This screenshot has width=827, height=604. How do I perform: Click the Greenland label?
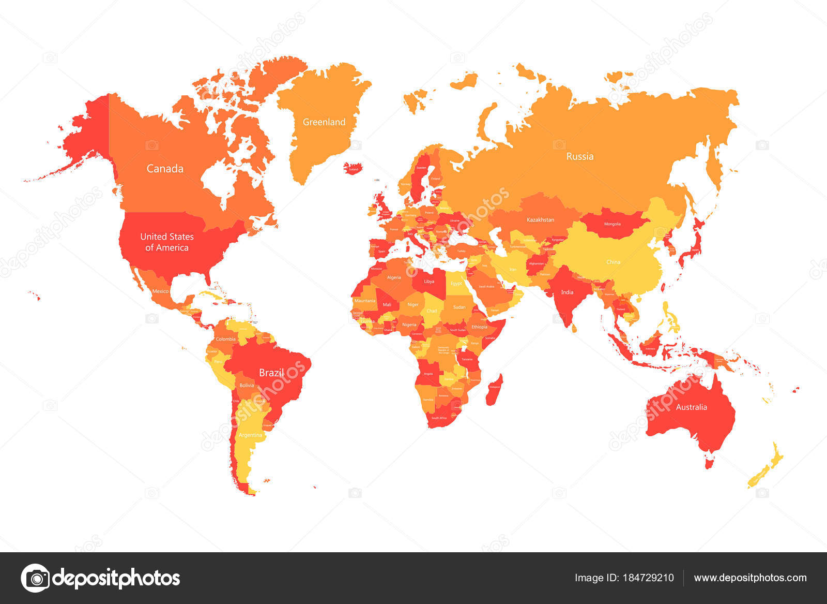pos(324,122)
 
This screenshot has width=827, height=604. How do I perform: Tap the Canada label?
pos(165,169)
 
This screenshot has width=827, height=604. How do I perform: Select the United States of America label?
pos(167,242)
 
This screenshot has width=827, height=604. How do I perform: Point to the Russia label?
pos(580,156)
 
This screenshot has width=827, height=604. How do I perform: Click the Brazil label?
pos(271,373)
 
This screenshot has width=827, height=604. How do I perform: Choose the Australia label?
pos(692,407)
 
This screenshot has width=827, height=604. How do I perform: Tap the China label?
pos(614,262)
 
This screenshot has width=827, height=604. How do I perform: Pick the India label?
pos(568,292)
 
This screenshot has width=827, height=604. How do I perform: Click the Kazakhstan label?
pos(541,220)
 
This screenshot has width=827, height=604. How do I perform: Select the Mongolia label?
pos(612,224)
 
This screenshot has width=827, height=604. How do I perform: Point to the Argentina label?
pos(251,435)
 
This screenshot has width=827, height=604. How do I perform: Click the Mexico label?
pos(160,291)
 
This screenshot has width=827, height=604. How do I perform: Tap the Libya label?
pos(429,282)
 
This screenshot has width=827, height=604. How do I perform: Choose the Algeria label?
pos(394,277)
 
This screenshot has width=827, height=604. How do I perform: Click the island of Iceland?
pos(354,169)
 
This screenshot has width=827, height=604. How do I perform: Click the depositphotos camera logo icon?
pos(36,578)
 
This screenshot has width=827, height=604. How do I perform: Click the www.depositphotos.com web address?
pos(750,578)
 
